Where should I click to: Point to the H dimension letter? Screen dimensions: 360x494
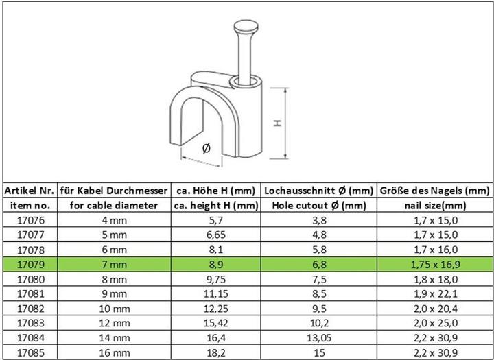click(277, 123)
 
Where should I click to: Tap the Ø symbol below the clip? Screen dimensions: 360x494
click(206, 147)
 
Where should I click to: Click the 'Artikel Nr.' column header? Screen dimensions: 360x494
click(30, 190)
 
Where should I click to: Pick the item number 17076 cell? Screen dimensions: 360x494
click(30, 221)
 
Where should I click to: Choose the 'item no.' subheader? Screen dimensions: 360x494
click(30, 205)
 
